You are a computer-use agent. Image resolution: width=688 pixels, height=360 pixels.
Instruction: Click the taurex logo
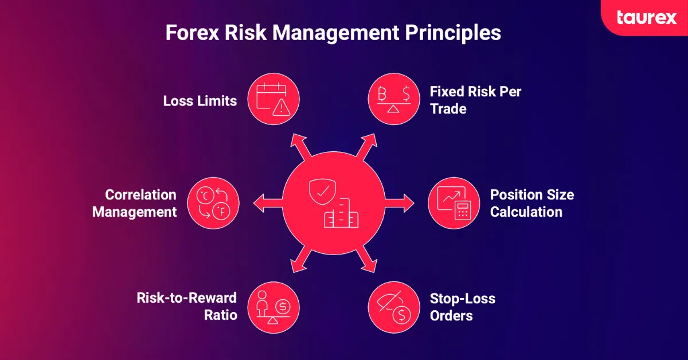click(647, 17)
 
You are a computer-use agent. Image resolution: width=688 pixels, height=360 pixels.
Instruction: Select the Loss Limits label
click(200, 101)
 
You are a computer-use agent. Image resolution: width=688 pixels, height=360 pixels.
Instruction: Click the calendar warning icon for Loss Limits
click(273, 101)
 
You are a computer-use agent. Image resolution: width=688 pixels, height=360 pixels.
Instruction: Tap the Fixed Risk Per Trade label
click(475, 100)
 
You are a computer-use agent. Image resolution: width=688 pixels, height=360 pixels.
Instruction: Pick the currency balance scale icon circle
click(393, 101)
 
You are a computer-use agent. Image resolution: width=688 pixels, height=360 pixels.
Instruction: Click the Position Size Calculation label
click(531, 203)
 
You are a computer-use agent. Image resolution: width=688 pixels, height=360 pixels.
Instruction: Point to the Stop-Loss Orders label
click(462, 307)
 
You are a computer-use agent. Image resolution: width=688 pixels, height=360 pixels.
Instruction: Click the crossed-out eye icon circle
click(393, 306)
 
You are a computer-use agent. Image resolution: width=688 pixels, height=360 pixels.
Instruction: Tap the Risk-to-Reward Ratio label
click(187, 306)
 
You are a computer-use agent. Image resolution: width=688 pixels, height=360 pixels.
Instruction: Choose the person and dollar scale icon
click(274, 306)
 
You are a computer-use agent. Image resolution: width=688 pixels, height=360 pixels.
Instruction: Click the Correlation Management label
click(135, 203)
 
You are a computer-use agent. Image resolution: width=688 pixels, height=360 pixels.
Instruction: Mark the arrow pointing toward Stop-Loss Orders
click(368, 261)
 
